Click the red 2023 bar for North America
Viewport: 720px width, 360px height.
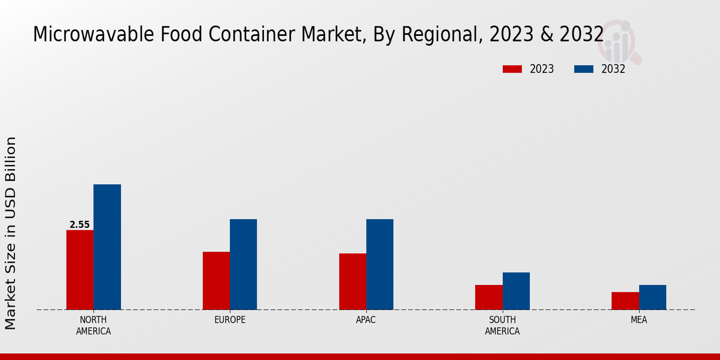coord(80,269)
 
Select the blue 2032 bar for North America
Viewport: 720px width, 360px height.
coord(107,247)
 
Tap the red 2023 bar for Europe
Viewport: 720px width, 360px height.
coord(216,280)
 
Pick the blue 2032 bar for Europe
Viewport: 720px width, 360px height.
coord(243,264)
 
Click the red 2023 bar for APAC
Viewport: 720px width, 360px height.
coord(352,281)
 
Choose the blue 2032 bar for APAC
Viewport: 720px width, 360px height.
coord(380,264)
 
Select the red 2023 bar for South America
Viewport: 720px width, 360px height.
coord(488,297)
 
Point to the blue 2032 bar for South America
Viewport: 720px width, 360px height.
coord(516,291)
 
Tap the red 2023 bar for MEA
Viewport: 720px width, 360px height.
coord(625,301)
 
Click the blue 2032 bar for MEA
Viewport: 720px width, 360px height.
coord(652,297)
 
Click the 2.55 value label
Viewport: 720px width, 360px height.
coord(80,225)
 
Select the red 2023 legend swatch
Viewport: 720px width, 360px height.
coord(512,69)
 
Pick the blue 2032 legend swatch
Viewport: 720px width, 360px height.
coord(584,69)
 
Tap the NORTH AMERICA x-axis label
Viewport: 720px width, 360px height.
coord(94,325)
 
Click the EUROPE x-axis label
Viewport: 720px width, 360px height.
coord(230,320)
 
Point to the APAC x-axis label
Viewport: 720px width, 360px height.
coord(366,320)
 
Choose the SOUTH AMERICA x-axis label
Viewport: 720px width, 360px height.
coord(502,325)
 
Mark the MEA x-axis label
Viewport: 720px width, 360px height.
coord(638,320)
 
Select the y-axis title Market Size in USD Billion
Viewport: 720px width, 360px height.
coord(11,233)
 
